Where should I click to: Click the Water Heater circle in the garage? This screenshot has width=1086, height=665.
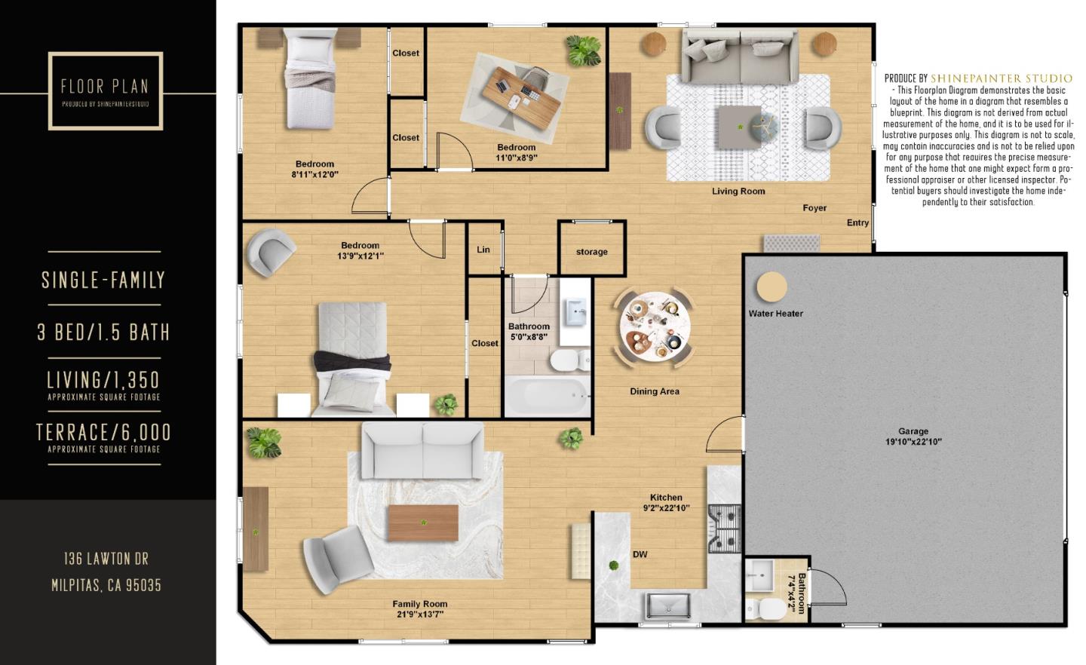tap(772, 287)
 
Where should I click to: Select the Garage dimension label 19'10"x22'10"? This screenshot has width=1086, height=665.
tap(913, 442)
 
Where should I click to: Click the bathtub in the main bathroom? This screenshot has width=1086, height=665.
tap(547, 395)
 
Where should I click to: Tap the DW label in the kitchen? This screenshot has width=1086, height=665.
tap(640, 555)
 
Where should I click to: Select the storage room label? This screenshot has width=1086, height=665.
tap(591, 252)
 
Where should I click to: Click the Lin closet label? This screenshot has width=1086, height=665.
tap(483, 250)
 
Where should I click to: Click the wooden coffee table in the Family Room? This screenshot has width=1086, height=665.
tap(422, 522)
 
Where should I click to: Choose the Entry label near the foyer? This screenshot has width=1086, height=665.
tap(857, 223)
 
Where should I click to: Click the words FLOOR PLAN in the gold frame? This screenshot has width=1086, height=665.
tap(105, 86)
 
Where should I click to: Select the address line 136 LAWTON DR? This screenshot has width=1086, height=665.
tap(106, 559)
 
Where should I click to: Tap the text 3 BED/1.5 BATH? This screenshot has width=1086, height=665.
tap(104, 332)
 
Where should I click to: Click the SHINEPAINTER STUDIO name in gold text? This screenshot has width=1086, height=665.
tap(1001, 78)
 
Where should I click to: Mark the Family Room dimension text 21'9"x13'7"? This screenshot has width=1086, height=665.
tap(419, 614)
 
